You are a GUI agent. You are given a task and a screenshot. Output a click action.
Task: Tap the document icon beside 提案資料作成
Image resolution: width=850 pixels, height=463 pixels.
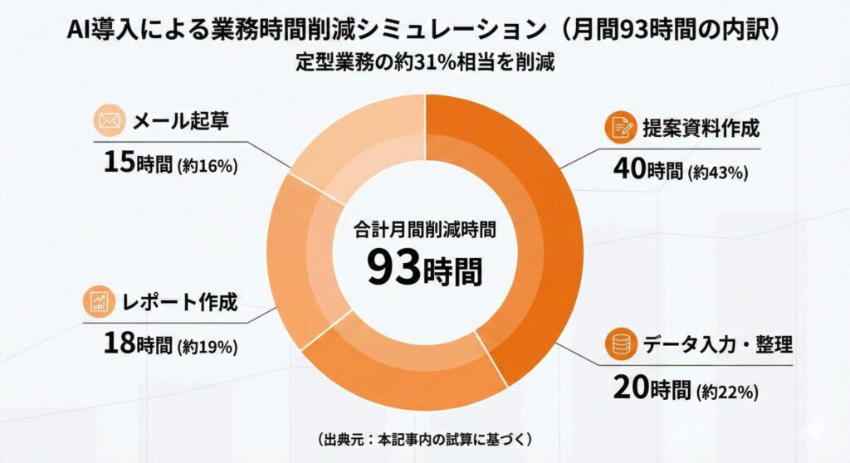click(619, 128)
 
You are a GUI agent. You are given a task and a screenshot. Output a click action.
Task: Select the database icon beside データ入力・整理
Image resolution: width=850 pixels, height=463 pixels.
click(619, 343)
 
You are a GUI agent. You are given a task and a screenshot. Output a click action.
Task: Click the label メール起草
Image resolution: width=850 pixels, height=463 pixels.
click(181, 123)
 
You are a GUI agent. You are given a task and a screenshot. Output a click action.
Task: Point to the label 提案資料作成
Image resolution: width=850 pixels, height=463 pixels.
click(701, 129)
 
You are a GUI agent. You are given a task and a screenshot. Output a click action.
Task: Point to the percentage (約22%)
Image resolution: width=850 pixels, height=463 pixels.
click(728, 390)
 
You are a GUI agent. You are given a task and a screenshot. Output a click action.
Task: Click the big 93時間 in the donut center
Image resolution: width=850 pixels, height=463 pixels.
click(424, 268)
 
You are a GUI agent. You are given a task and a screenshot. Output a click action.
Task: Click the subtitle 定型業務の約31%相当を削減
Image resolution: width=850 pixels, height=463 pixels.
click(424, 61)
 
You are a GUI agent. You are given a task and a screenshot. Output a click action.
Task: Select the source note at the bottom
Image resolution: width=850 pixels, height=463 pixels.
click(424, 437)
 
